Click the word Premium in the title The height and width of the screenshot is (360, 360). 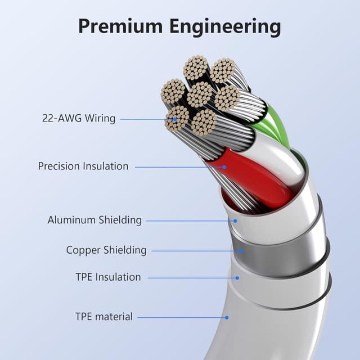pos(120,26)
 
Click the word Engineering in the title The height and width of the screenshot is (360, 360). pos(225,28)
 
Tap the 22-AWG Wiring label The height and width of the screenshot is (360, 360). pos(79,119)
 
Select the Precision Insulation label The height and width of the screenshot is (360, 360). pos(83,166)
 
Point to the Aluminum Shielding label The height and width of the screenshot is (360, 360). pos(94,220)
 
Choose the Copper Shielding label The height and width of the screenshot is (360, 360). pos(106,250)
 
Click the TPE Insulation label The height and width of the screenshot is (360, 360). pos(108,277)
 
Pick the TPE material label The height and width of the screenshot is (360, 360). pos(104,316)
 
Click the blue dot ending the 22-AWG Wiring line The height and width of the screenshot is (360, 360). pos(175,119)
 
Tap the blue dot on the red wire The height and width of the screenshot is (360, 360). pos(224,167)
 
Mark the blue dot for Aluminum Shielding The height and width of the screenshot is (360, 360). pos(235,221)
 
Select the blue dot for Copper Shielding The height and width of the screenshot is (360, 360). pos(241,251)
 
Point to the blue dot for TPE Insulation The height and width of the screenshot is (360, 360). pos(237,278)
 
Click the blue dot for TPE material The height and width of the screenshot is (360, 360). pos(227,317)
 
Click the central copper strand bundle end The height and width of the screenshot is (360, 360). pos(199,94)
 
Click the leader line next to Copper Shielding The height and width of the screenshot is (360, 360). pos(195,251)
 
